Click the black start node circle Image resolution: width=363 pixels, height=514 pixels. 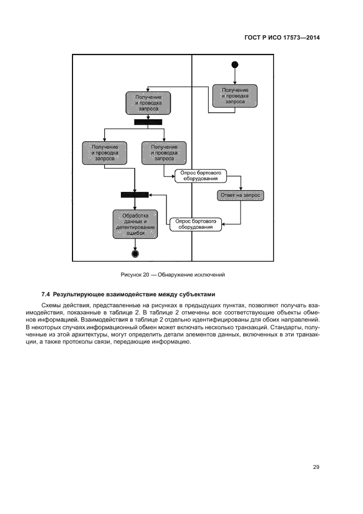pyautogui.click(x=235, y=65)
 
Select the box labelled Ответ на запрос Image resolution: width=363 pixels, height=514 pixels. pyautogui.click(x=240, y=195)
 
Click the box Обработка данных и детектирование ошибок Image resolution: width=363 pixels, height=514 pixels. pyautogui.click(x=135, y=224)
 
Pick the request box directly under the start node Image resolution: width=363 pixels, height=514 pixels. pyautogui.click(x=234, y=96)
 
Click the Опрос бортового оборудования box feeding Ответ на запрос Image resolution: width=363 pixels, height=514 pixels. pyautogui.click(x=200, y=175)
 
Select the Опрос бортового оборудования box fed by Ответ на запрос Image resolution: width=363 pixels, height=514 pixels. pyautogui.click(x=195, y=224)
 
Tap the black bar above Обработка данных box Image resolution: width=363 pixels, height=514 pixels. pyautogui.click(x=135, y=194)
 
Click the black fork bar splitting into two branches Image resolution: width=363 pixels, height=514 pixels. pyautogui.click(x=148, y=122)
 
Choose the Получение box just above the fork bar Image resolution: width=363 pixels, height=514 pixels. pyautogui.click(x=148, y=103)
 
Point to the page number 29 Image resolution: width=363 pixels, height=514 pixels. pyautogui.click(x=316, y=467)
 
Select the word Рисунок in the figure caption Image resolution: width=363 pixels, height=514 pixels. pyautogui.click(x=131, y=274)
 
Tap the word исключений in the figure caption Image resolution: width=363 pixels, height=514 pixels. pyautogui.click(x=210, y=274)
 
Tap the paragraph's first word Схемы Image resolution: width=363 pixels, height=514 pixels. pyautogui.click(x=51, y=304)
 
